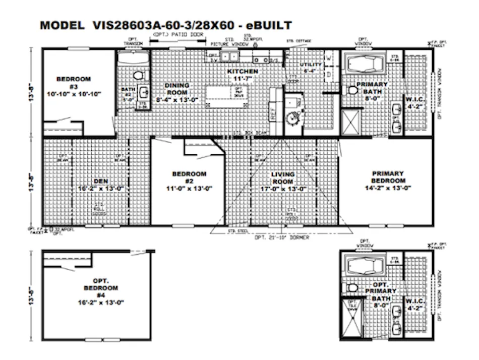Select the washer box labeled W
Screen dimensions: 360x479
pos(328,58)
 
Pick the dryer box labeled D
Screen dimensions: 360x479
pos(328,75)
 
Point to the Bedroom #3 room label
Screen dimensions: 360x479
pos(74,82)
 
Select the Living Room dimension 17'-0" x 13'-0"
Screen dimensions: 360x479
pos(283,189)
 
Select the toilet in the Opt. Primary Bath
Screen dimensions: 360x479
pos(351,288)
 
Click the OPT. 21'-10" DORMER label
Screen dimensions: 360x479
pos(282,237)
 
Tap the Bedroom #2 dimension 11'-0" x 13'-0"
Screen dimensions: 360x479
pos(189,189)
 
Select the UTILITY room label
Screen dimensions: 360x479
pos(311,65)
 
